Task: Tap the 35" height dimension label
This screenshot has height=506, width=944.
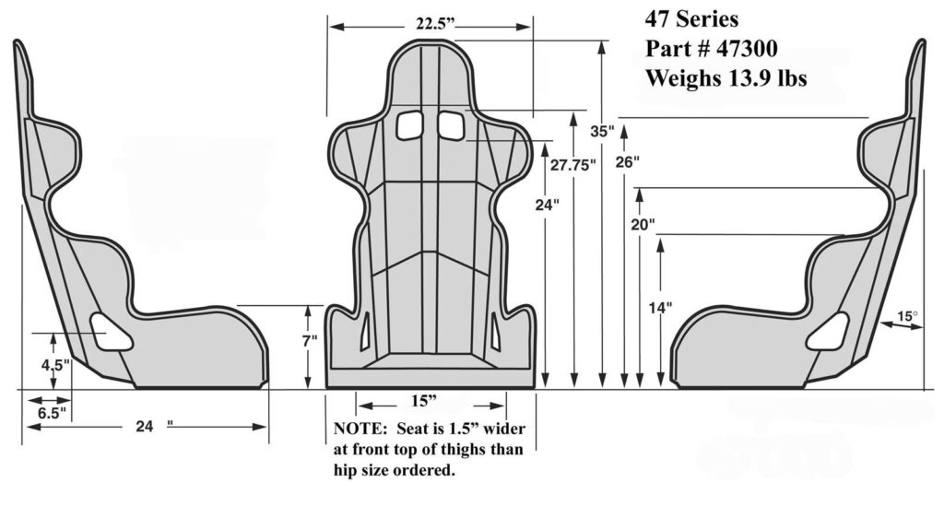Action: point(602,132)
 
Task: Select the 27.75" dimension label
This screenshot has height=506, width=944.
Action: point(573,165)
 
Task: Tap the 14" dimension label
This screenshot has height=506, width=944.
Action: point(660,308)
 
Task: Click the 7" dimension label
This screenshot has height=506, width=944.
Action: point(310,341)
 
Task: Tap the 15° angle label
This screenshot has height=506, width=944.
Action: point(908,317)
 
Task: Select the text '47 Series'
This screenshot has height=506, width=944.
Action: point(691,18)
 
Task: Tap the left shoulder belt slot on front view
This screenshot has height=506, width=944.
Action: point(407,125)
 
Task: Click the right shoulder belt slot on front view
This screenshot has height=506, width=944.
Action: point(452,125)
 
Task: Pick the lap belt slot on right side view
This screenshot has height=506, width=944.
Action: point(827,331)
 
